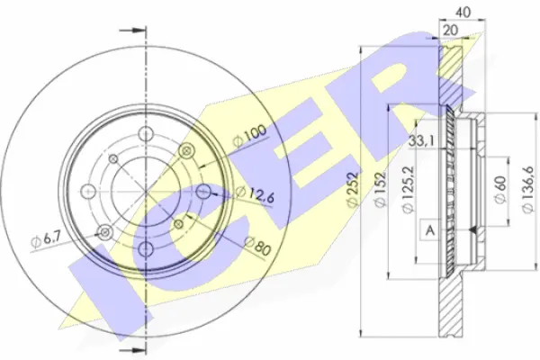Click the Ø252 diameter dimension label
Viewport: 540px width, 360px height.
pos(354,189)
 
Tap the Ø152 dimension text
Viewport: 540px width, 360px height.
pos(381,189)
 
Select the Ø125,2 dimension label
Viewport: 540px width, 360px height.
pos(409,189)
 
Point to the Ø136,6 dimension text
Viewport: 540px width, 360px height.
pos(527,189)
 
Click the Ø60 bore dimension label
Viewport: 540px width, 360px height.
pos(500,190)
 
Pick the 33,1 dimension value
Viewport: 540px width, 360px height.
pos(422,140)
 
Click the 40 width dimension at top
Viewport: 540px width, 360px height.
pos(463,13)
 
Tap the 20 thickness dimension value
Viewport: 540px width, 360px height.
pos(451,31)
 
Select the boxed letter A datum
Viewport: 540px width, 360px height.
pos(430,229)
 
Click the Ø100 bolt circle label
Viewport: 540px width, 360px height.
pos(249,136)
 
